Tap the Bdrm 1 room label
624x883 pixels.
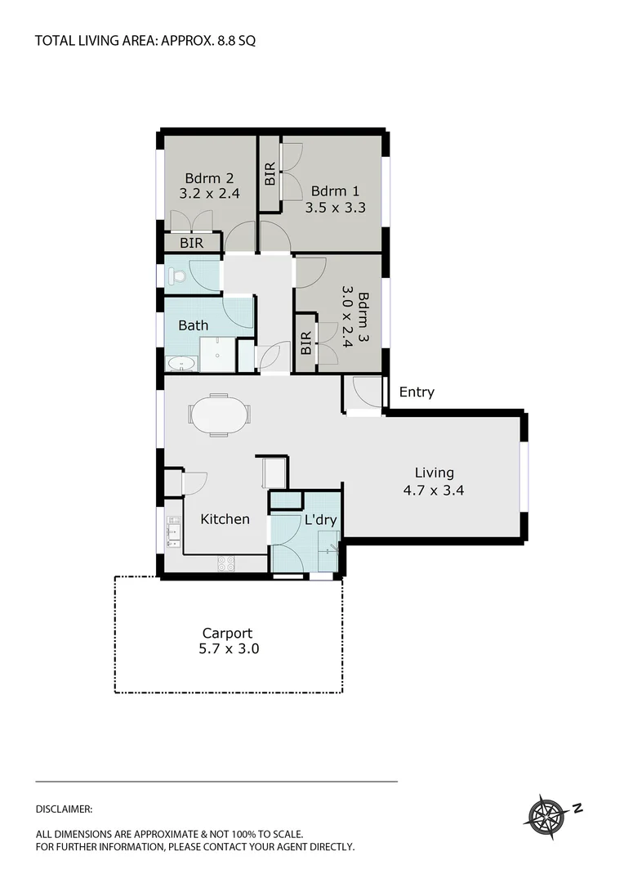click(x=335, y=191)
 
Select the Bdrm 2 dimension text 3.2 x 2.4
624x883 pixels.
click(x=209, y=194)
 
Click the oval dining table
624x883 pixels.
click(x=219, y=415)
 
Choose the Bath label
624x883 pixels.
click(x=194, y=325)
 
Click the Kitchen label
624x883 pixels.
click(x=225, y=518)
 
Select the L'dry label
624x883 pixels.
click(x=320, y=519)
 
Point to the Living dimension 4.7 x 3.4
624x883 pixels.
click(x=434, y=491)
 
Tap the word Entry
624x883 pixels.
click(x=417, y=392)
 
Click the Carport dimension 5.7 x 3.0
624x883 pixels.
click(x=227, y=649)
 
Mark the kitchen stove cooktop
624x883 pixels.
click(x=225, y=563)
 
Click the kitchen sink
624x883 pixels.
click(x=173, y=531)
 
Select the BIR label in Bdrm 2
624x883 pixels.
click(x=192, y=243)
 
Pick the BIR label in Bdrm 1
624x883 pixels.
click(x=270, y=175)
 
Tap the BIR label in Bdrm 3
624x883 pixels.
click(x=305, y=343)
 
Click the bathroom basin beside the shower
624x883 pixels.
click(x=181, y=363)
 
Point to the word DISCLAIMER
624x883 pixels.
click(x=65, y=809)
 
